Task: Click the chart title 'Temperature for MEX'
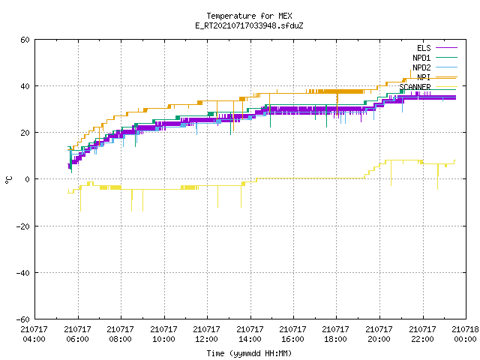249,16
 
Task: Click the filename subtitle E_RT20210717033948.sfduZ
249,25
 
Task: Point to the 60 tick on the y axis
25,40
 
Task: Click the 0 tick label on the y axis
28,179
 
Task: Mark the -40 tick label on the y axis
23,273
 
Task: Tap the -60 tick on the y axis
23,319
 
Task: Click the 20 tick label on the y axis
25,133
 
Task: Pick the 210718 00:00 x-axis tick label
465,334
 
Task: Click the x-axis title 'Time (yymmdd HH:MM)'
249,353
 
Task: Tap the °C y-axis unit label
9,180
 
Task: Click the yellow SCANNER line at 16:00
293,178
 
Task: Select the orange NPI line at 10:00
164,108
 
